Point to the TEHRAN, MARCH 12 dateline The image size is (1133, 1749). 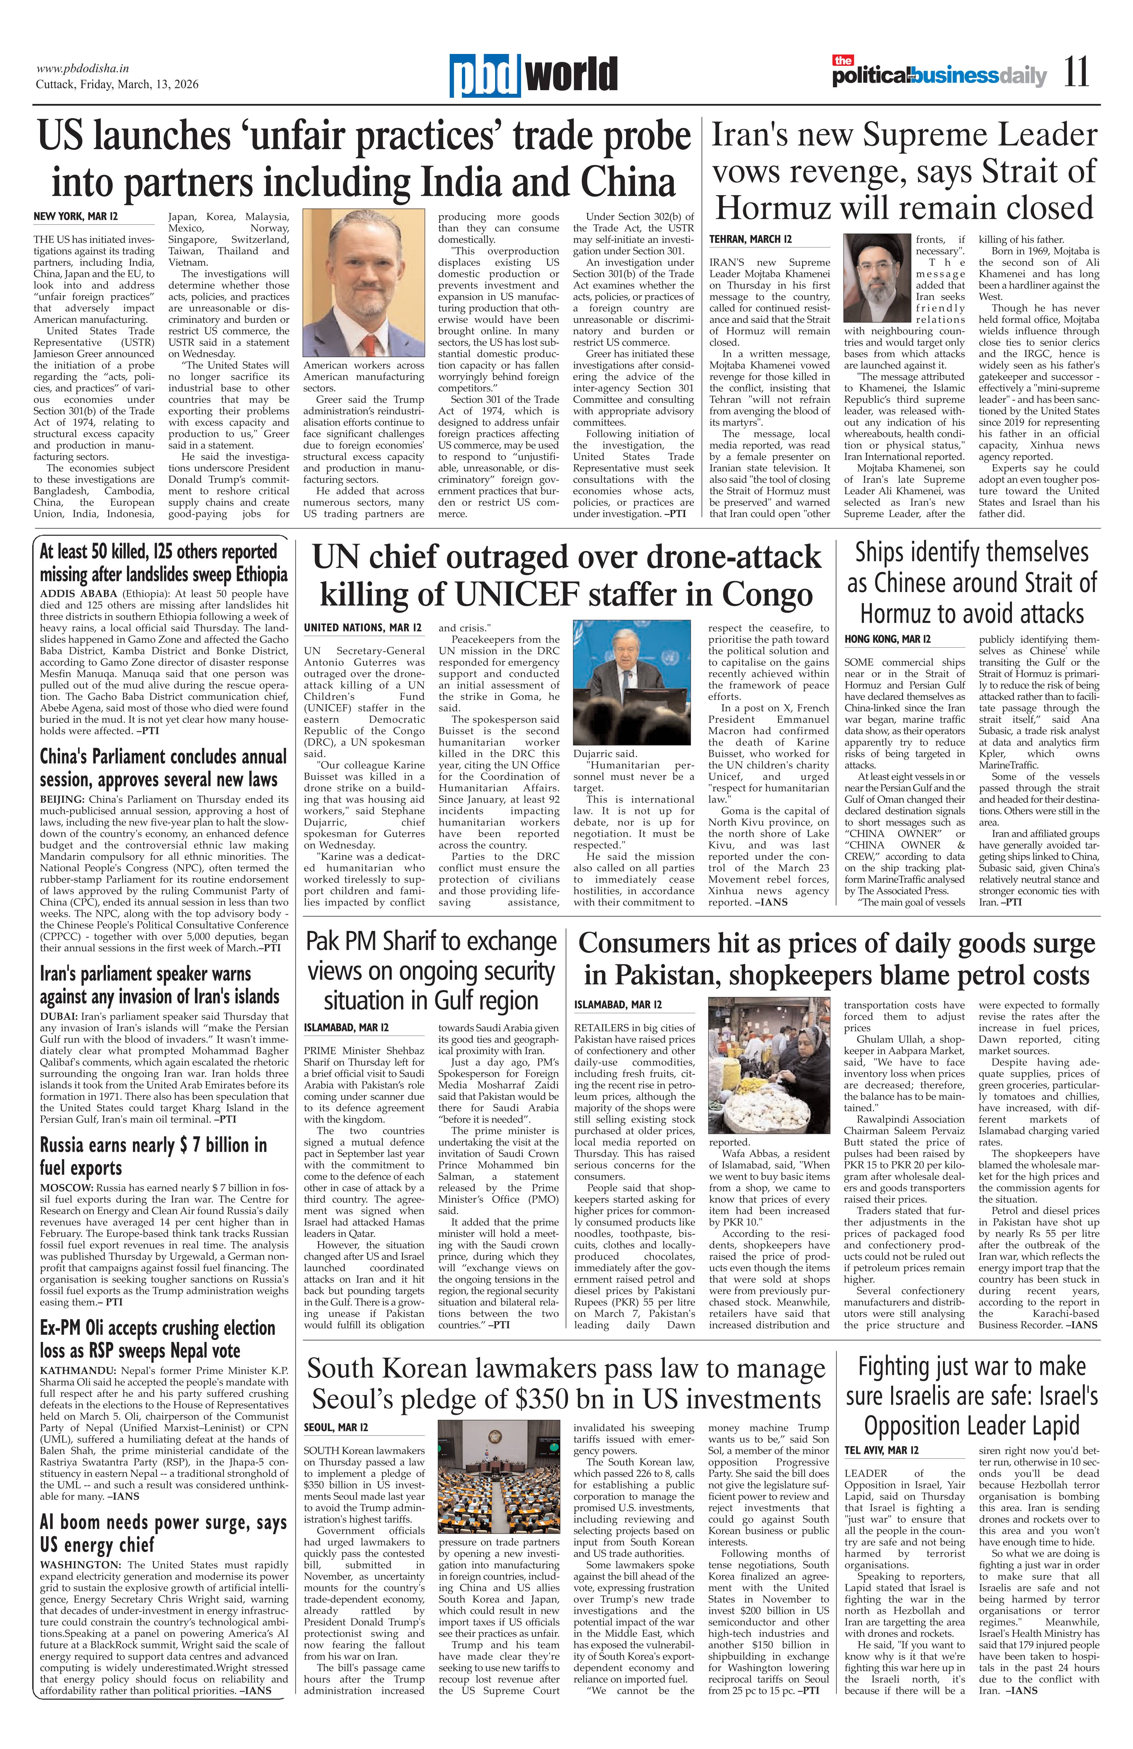point(750,240)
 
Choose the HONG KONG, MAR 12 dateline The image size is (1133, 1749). point(888,639)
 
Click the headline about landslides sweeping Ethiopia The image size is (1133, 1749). point(163,563)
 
